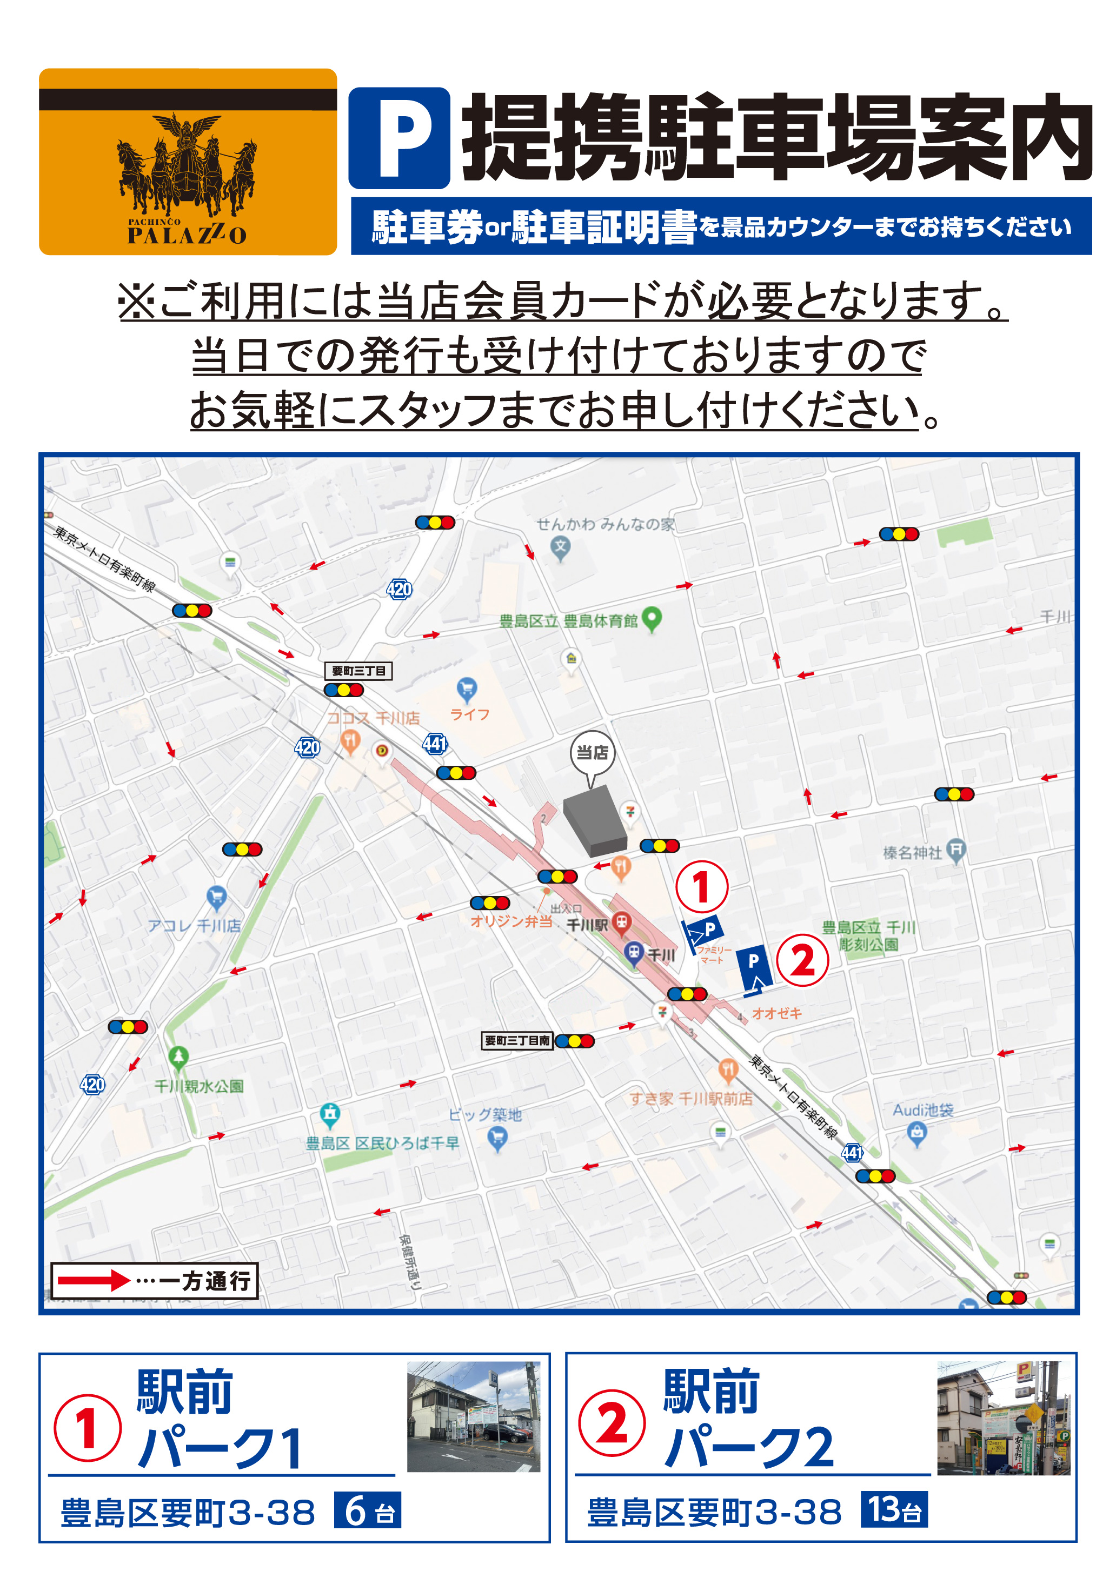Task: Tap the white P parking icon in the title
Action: click(x=399, y=138)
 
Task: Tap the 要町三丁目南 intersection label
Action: click(x=517, y=1040)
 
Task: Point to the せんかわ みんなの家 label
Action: click(x=605, y=524)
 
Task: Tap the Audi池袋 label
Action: click(x=923, y=1110)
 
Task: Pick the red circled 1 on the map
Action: click(x=701, y=887)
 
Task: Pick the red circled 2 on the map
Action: click(x=802, y=960)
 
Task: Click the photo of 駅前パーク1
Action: click(x=474, y=1416)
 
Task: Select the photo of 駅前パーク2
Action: click(x=1003, y=1417)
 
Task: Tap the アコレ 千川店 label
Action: click(x=195, y=926)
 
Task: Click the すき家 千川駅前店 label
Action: click(x=690, y=1099)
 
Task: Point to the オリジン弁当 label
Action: click(x=511, y=921)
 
